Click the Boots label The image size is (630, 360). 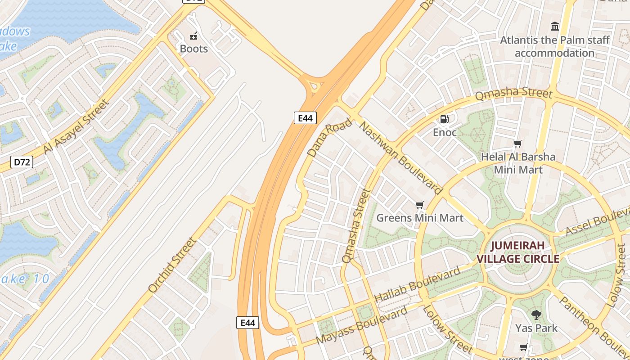(x=194, y=49)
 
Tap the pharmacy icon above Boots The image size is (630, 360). (x=194, y=36)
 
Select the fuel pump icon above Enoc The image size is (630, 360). (x=444, y=119)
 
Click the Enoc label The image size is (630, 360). (x=445, y=132)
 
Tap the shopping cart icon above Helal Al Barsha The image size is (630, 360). (x=518, y=144)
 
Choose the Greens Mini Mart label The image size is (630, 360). (x=419, y=218)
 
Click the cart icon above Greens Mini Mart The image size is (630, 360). (x=419, y=205)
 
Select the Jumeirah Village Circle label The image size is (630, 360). (x=517, y=252)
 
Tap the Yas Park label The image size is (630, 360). (x=536, y=328)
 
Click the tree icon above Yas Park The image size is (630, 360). (x=536, y=315)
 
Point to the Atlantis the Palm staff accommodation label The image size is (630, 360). (x=555, y=46)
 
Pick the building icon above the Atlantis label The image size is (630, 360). (x=555, y=26)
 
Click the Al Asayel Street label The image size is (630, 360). (x=76, y=127)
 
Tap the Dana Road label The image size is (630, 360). (x=329, y=137)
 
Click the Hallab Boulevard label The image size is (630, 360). (x=417, y=284)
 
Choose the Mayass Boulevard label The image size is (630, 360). (x=362, y=325)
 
